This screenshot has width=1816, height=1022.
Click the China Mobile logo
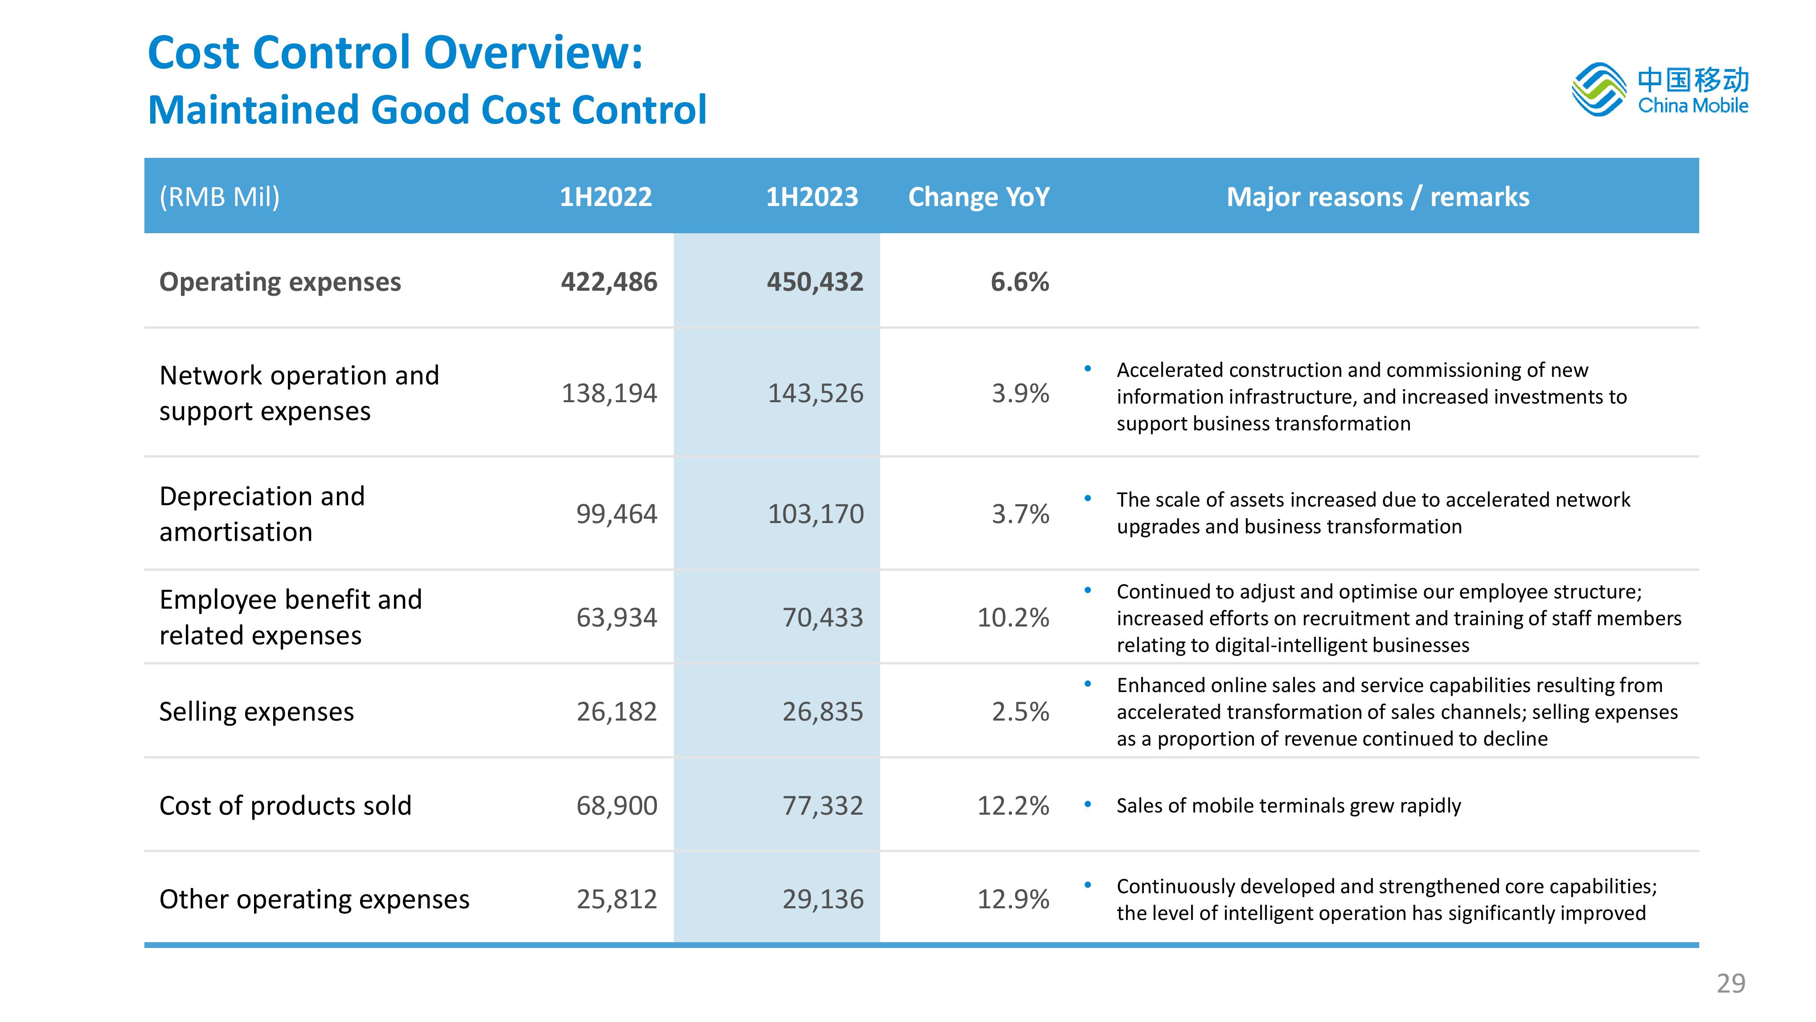[x=1660, y=90]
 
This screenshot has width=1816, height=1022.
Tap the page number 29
[x=1731, y=983]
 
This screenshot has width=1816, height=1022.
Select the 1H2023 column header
[x=812, y=197]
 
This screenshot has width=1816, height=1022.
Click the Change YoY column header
[x=979, y=197]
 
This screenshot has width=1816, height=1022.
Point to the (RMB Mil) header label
[x=219, y=197]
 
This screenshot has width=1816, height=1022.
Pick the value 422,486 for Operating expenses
[x=609, y=282]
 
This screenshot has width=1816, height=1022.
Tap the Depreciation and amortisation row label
[x=262, y=514]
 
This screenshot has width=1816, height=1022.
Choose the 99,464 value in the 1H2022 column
[x=617, y=514]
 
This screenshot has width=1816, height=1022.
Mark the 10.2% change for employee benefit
[x=1013, y=618]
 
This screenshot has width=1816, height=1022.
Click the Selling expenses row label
[x=257, y=712]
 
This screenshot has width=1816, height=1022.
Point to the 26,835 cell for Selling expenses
[x=823, y=712]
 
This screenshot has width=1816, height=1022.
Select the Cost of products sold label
[x=286, y=805]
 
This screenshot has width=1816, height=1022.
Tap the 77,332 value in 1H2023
[x=823, y=805]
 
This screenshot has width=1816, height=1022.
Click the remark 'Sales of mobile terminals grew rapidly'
[x=1289, y=805]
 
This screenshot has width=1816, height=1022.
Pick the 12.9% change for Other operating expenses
[x=1013, y=899]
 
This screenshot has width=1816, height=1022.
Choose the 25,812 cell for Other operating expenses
[x=617, y=899]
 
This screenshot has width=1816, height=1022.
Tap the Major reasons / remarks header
[x=1378, y=197]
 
